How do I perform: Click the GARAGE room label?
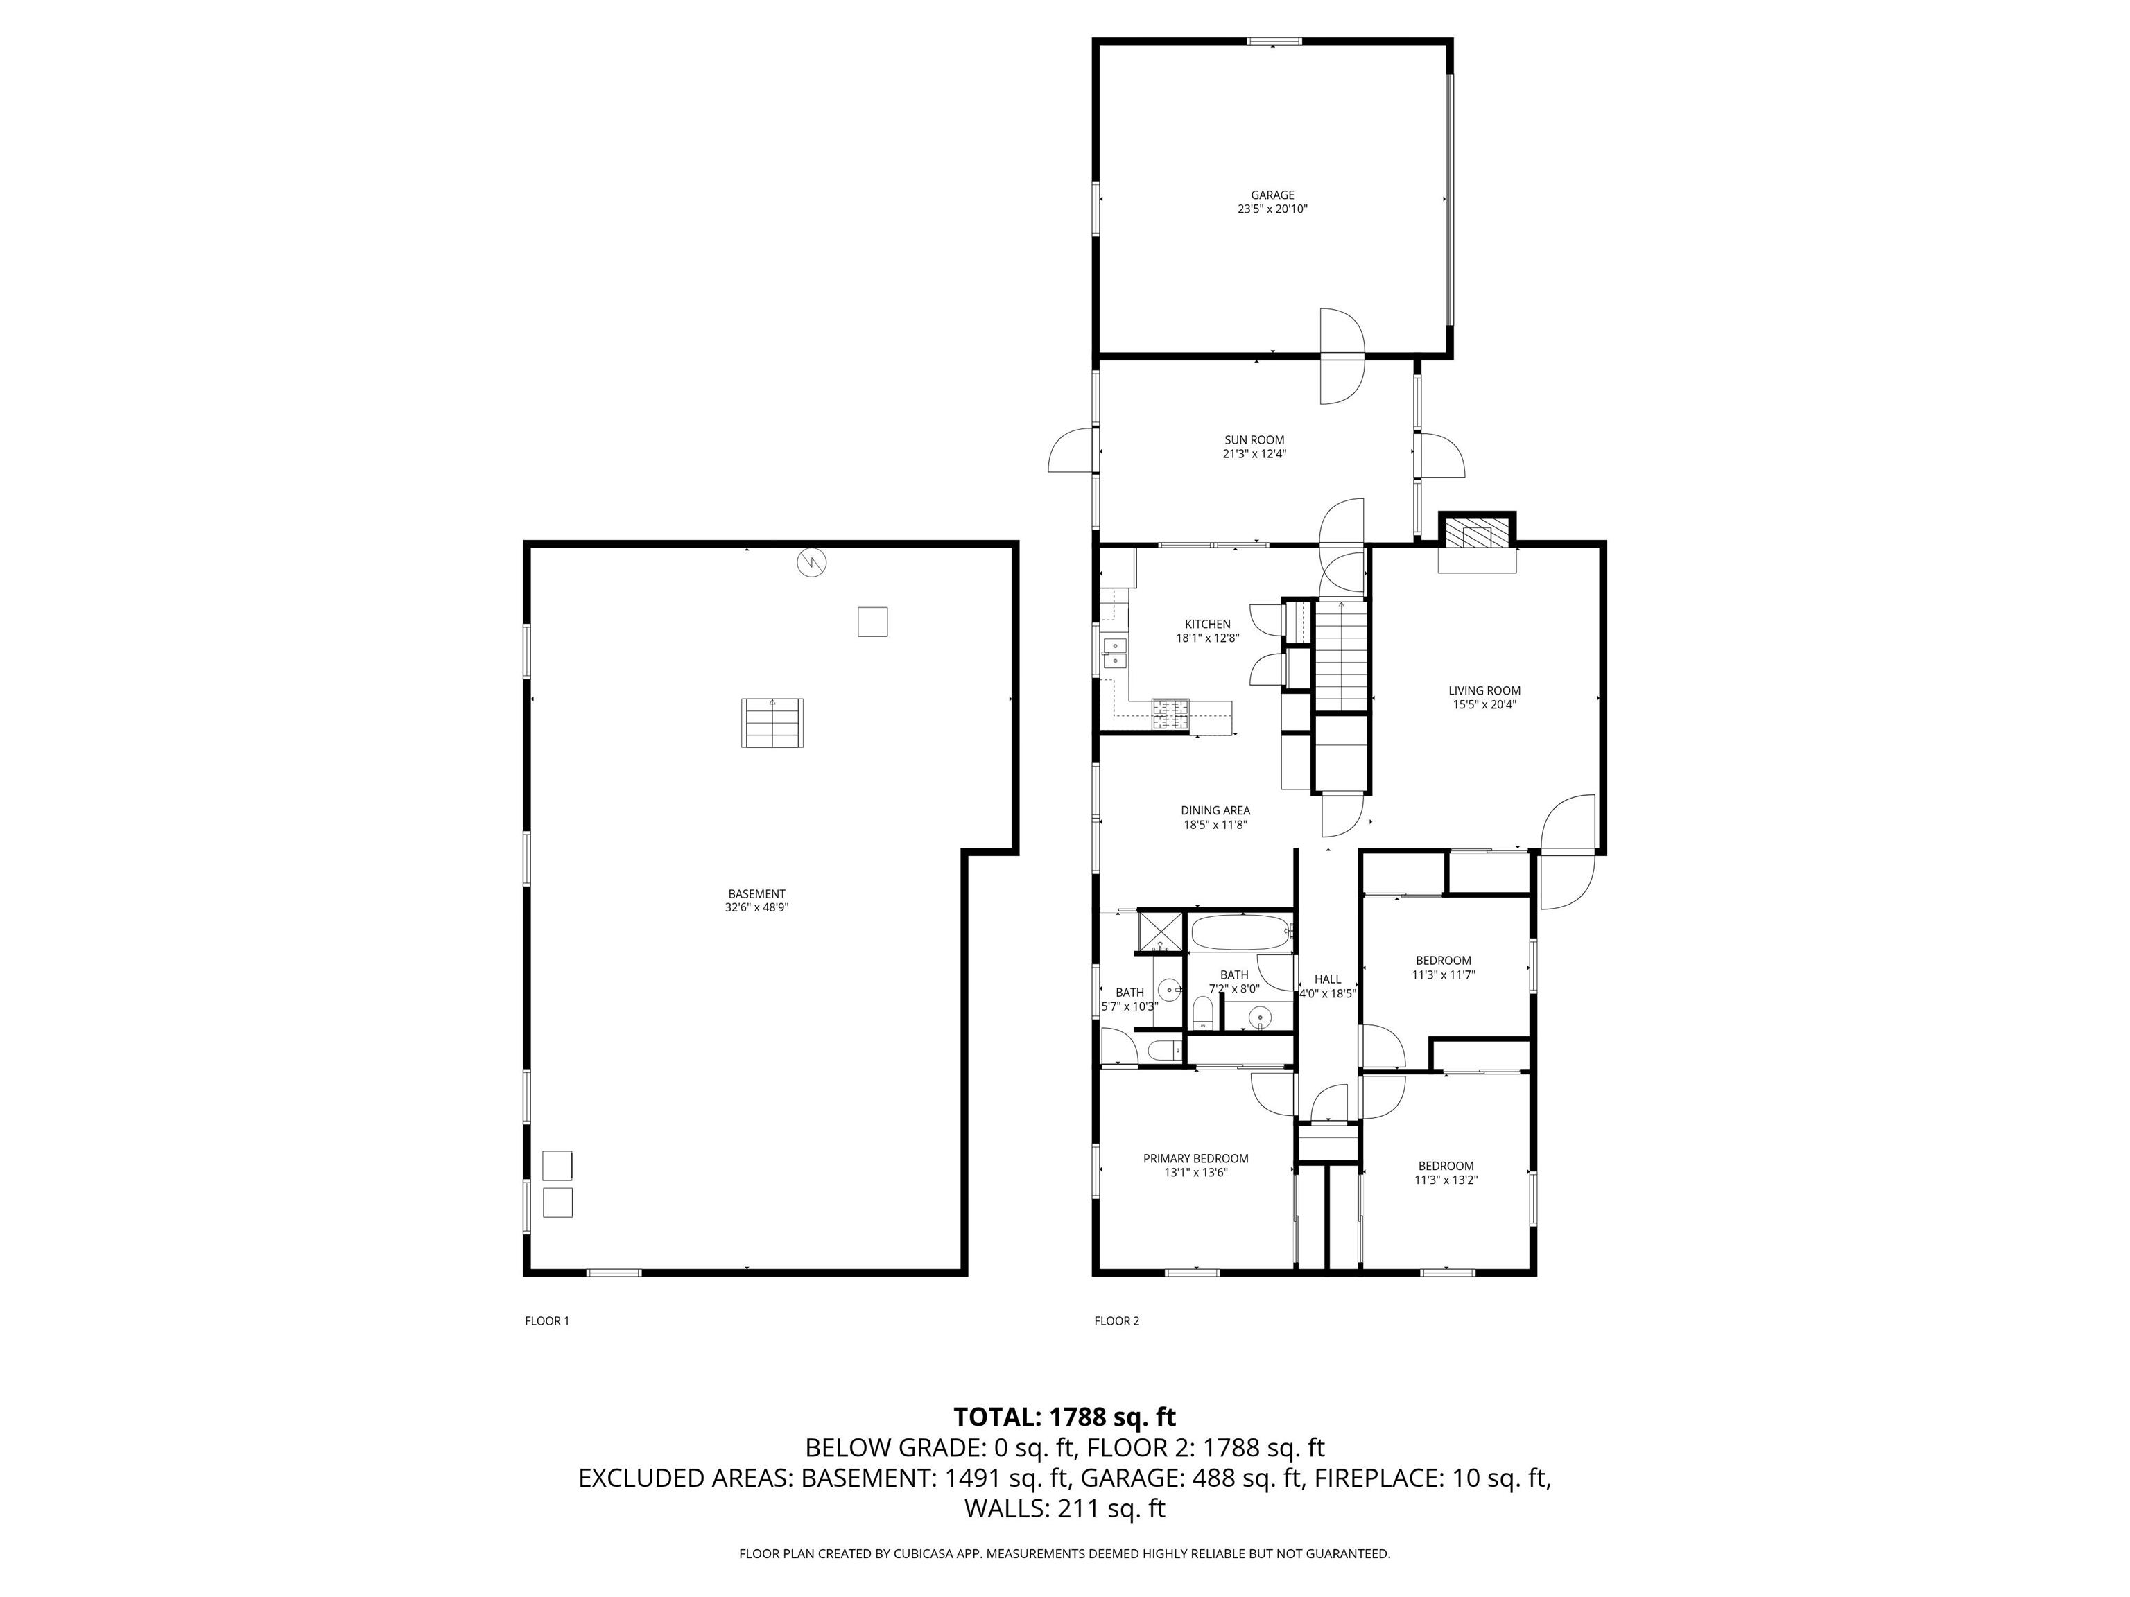[x=1272, y=195]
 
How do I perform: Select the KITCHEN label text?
[x=1208, y=624]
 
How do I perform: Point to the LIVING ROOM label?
[x=1484, y=690]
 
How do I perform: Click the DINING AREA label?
[x=1215, y=810]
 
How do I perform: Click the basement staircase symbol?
[x=771, y=723]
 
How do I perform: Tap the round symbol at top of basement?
[x=812, y=562]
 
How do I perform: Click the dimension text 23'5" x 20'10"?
[x=1272, y=209]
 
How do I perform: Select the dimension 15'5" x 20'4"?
[x=1484, y=704]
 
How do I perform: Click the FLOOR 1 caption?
[x=547, y=1320]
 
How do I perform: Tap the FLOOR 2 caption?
[x=1116, y=1320]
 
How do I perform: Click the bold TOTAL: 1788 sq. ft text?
[x=1064, y=1417]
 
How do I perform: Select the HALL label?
[x=1327, y=979]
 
